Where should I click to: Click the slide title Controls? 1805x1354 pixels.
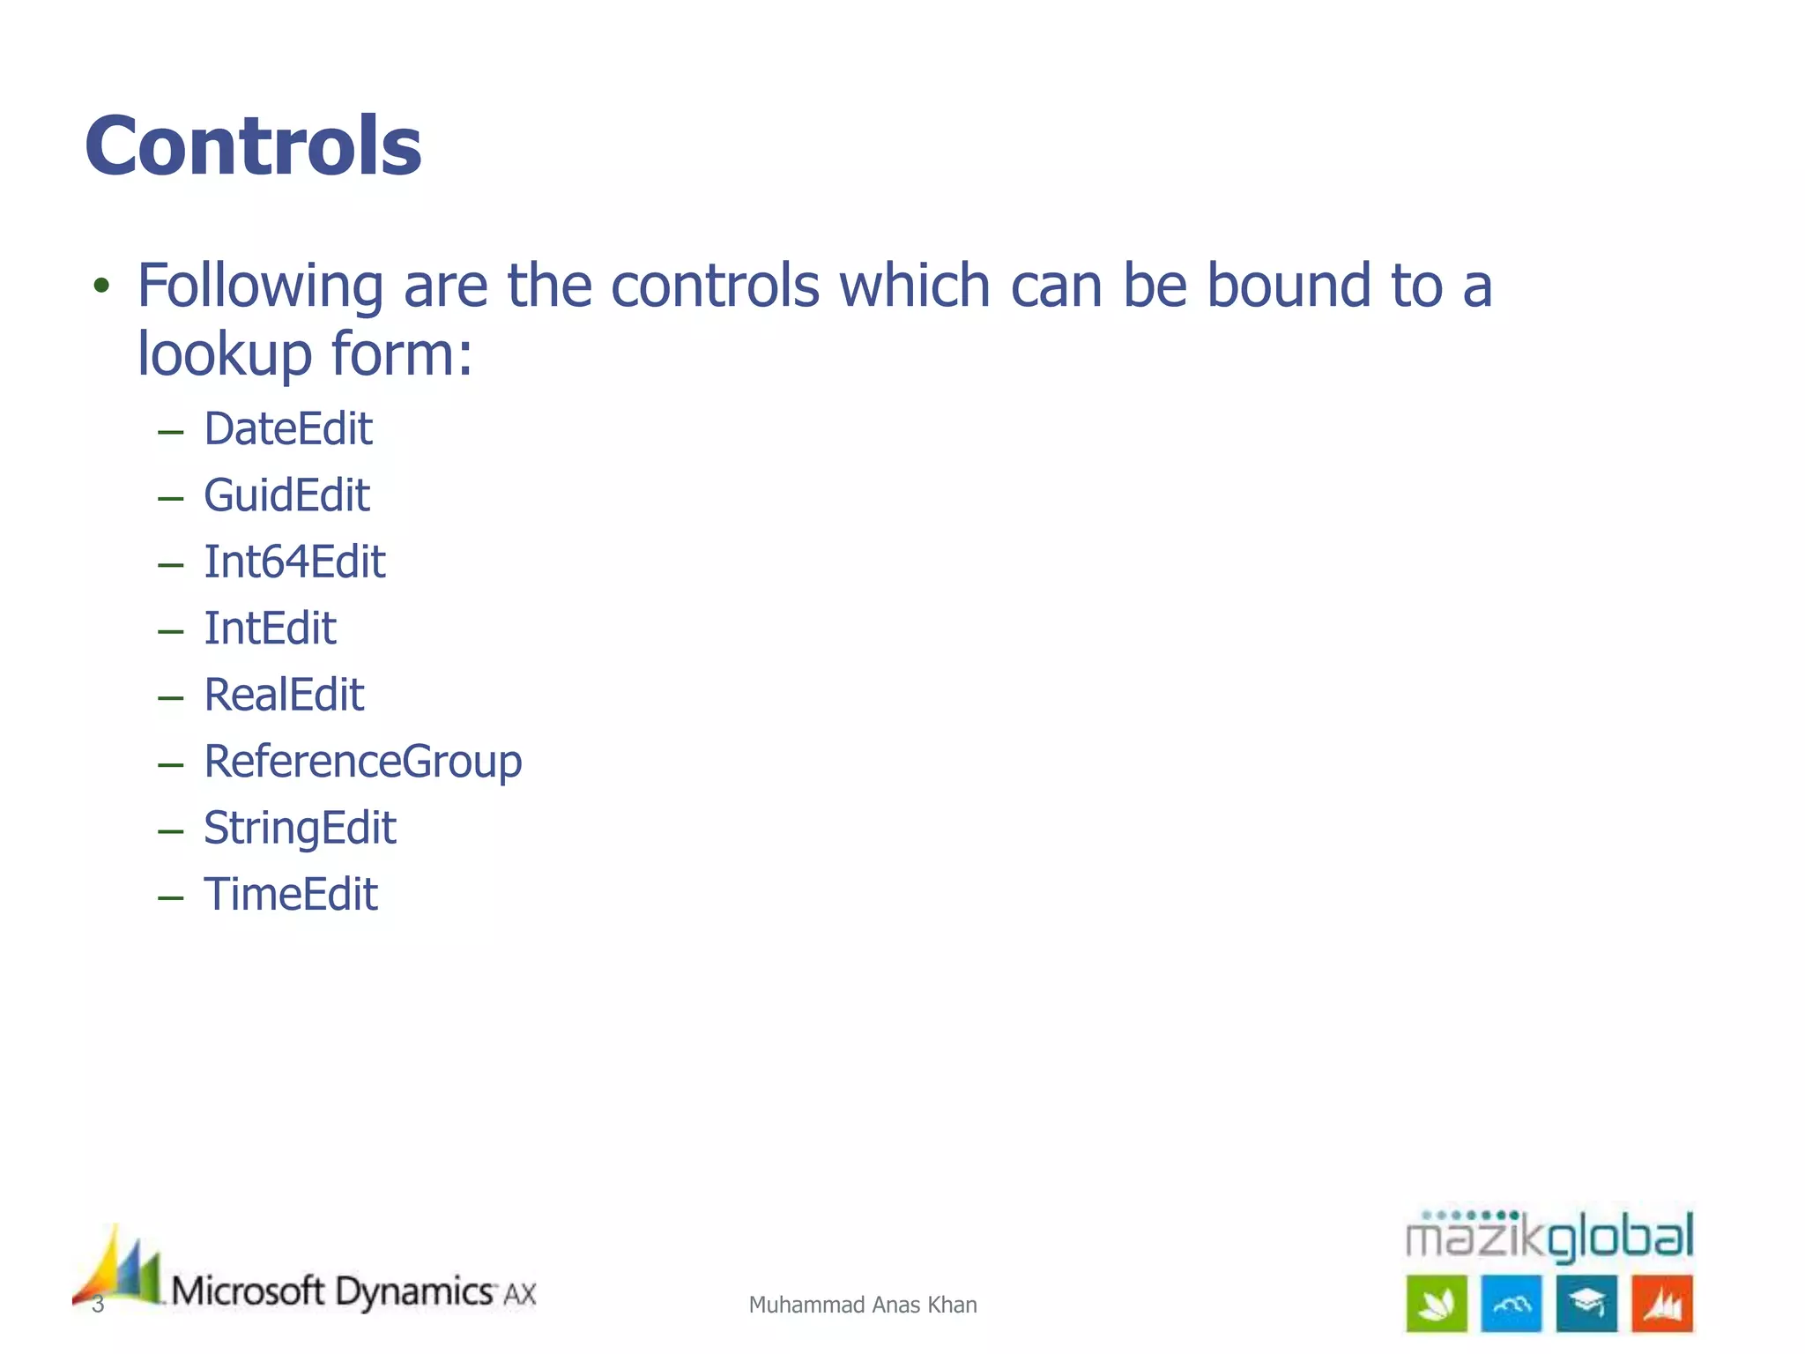point(254,146)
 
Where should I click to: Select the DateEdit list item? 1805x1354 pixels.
point(288,429)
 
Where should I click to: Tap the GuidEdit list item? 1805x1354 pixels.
point(286,495)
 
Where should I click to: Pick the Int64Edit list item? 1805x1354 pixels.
point(294,562)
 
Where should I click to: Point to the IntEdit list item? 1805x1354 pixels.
point(270,629)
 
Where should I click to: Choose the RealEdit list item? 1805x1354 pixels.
point(284,696)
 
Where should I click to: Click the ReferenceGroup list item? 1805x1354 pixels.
point(363,762)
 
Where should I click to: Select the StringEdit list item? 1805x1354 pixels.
point(300,829)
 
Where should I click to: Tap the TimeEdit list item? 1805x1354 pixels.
point(291,895)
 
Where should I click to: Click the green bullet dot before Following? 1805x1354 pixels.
point(102,286)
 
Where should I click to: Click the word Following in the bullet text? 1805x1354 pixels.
point(260,287)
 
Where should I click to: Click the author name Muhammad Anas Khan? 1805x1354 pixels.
point(863,1305)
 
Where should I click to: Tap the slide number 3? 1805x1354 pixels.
point(98,1305)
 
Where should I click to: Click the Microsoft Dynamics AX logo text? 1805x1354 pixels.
point(353,1292)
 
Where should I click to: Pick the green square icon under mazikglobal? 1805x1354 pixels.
point(1437,1304)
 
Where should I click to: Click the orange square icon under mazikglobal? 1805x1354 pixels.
point(1662,1304)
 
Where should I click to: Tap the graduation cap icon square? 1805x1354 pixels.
point(1586,1304)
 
